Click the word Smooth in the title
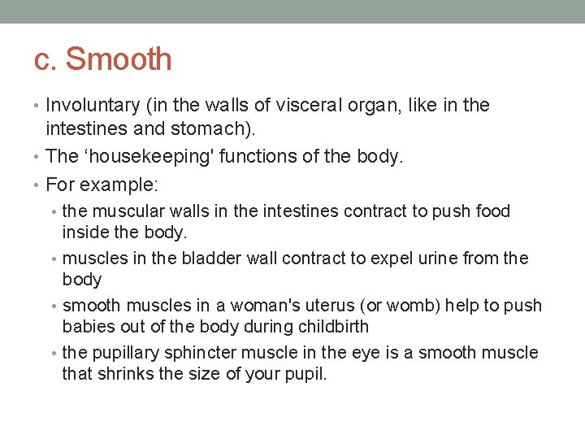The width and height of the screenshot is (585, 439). [x=119, y=59]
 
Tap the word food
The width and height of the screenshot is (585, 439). [x=492, y=211]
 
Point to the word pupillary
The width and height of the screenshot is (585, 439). [x=125, y=353]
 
